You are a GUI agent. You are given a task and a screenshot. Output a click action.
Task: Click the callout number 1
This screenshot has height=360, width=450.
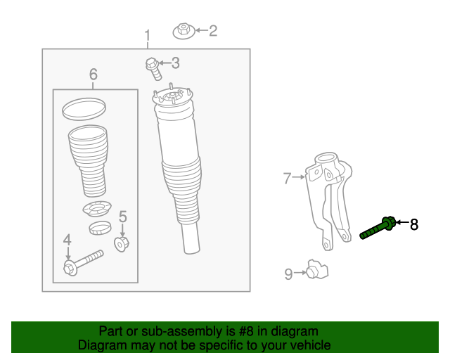click(148, 36)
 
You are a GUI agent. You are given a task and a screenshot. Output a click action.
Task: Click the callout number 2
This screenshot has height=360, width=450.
click(212, 30)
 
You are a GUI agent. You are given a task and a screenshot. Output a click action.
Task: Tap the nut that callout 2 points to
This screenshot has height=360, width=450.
click(184, 31)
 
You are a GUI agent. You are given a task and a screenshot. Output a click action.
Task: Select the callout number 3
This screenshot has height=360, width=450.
click(175, 63)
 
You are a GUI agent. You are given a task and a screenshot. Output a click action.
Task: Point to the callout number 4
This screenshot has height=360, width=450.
click(67, 240)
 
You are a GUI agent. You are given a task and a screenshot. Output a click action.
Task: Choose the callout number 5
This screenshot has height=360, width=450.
click(122, 217)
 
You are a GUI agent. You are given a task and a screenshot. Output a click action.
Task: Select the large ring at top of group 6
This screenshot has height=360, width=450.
click(84, 108)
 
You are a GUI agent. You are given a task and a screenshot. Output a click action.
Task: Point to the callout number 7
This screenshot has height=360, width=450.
click(287, 179)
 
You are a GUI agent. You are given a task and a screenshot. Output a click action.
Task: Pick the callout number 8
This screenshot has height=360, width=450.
click(414, 224)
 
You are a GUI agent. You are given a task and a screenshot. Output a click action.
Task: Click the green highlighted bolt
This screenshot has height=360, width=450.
click(378, 229)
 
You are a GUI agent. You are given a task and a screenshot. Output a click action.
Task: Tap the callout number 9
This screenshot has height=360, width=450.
click(288, 274)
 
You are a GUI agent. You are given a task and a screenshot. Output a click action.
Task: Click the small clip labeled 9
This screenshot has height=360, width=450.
click(317, 271)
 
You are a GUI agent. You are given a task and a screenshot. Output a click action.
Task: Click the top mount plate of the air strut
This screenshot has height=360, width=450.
click(173, 98)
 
